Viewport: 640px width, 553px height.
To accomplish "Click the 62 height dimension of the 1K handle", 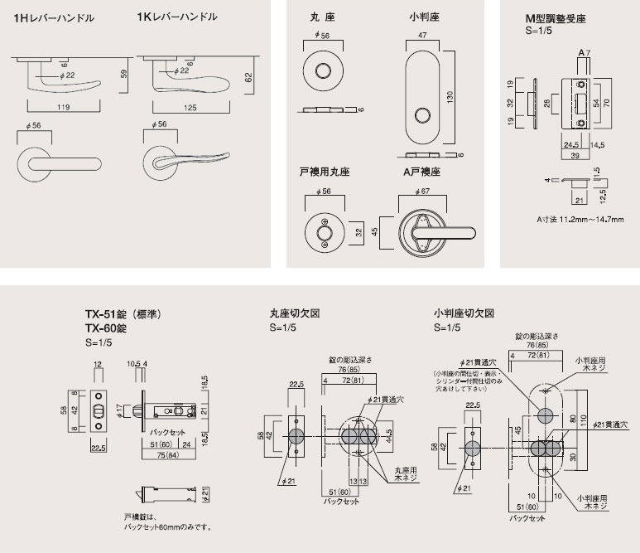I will tap(248, 76).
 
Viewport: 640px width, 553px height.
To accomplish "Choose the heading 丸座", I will tap(319, 16).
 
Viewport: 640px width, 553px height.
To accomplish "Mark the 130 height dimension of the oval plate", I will tap(451, 97).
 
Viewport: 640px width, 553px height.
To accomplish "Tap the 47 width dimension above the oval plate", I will tap(422, 36).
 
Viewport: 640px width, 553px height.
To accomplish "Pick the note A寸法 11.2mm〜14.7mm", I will tap(580, 219).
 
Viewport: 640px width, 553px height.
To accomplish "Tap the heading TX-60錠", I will tap(105, 328).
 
